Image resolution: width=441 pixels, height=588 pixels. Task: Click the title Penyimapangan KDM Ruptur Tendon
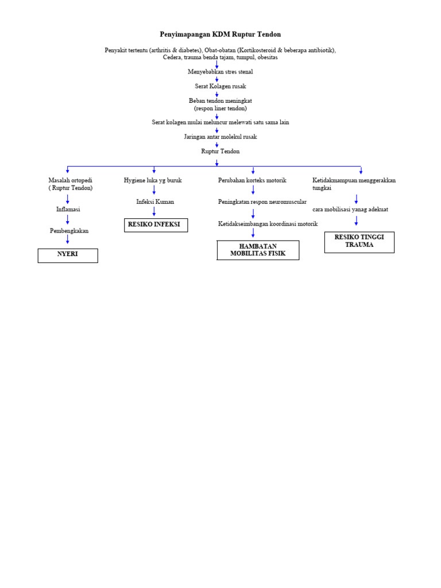tap(220, 34)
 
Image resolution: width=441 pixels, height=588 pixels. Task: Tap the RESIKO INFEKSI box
tap(156, 225)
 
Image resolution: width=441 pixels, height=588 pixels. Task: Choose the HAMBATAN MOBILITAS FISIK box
tap(258, 250)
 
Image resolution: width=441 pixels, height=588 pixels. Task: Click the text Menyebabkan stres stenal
tap(220, 72)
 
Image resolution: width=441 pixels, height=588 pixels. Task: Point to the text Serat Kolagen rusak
tap(220, 86)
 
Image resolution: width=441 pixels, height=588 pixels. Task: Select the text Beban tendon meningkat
tap(220, 100)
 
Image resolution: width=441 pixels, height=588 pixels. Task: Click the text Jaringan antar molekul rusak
tap(220, 137)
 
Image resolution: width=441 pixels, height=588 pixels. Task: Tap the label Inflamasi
tap(68, 210)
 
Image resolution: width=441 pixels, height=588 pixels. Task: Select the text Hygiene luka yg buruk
tap(153, 180)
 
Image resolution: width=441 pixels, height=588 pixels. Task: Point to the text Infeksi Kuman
tap(155, 202)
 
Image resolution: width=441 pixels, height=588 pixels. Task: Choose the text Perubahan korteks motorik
tap(252, 180)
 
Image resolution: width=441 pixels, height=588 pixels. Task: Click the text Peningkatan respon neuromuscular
tap(262, 202)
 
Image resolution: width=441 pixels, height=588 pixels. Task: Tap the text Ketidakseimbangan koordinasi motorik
tap(268, 223)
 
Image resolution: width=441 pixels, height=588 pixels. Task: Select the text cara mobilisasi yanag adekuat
tap(354, 210)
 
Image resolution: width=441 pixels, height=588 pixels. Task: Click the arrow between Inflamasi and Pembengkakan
tap(68, 220)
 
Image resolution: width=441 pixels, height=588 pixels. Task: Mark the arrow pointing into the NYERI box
tap(68, 240)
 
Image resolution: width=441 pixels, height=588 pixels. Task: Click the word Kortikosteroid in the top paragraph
tap(263, 51)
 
